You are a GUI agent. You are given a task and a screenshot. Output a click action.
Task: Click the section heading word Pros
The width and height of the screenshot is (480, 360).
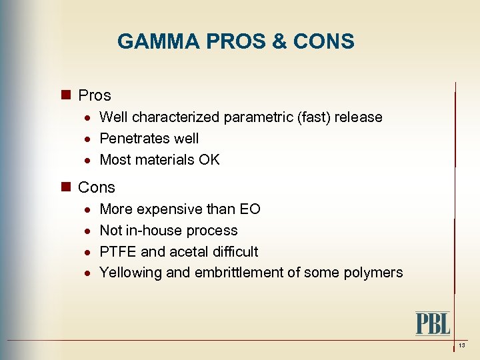pyautogui.click(x=95, y=95)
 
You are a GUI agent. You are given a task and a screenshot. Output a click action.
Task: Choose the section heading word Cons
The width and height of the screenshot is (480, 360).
pyautogui.click(x=97, y=187)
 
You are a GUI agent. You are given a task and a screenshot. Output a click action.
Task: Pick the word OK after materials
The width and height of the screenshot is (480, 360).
pyautogui.click(x=209, y=160)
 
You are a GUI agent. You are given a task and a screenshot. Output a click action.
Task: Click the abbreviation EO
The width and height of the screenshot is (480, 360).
pyautogui.click(x=250, y=209)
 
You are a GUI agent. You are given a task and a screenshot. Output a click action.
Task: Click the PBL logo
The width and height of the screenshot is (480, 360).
pyautogui.click(x=433, y=323)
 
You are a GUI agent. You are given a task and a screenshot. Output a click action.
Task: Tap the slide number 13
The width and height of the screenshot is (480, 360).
pyautogui.click(x=461, y=345)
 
